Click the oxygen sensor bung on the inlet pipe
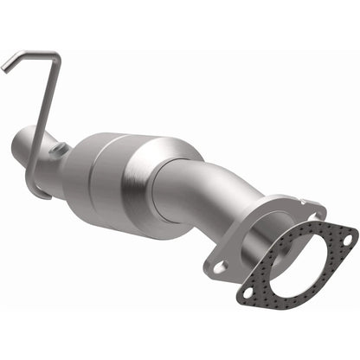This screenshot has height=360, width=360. (x=61, y=150)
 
